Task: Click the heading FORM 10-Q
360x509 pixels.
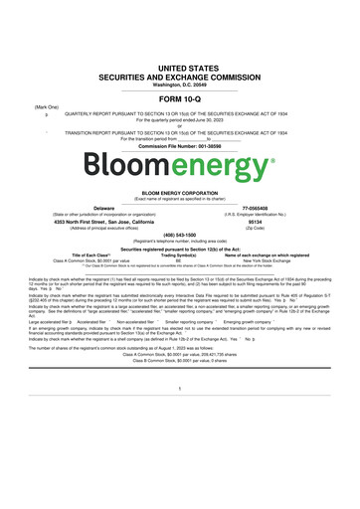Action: pos(179,101)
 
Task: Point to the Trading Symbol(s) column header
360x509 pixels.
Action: pos(179,254)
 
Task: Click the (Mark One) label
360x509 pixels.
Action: pos(46,106)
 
